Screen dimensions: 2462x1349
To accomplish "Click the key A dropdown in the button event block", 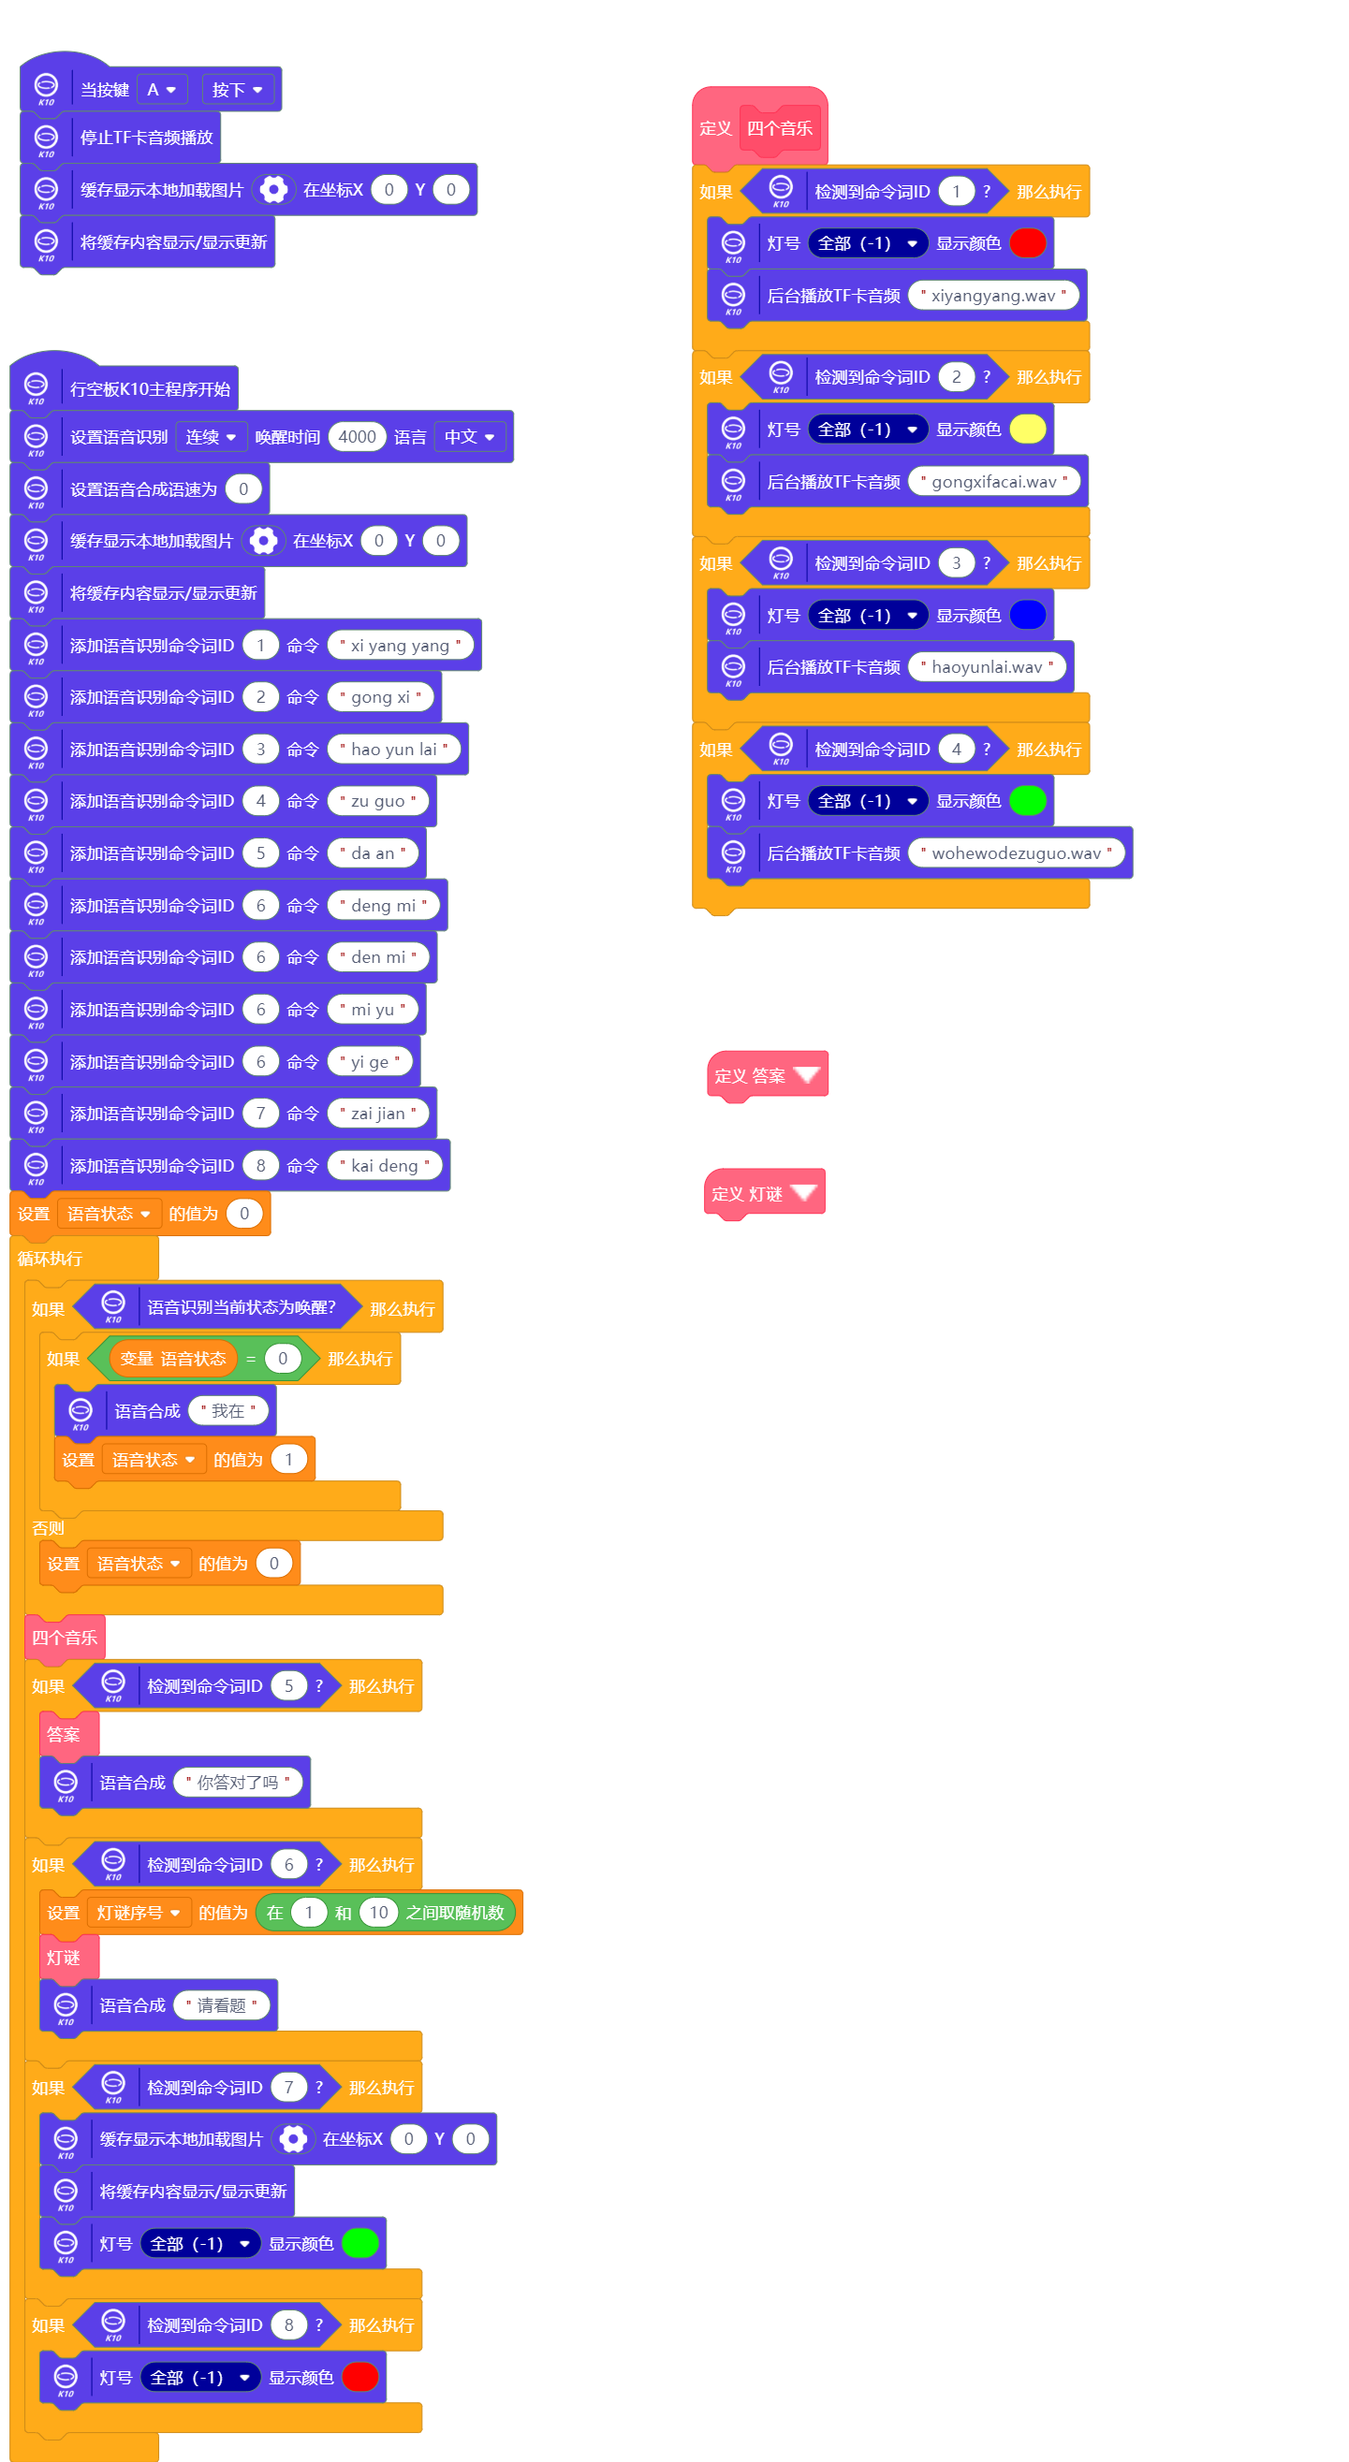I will coord(161,90).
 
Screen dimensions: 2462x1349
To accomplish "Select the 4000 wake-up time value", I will coord(357,437).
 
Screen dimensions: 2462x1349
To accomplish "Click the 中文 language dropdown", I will coord(468,437).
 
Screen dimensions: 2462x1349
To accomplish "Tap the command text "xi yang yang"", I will coord(400,645).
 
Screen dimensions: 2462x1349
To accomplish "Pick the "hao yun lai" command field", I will coord(393,750).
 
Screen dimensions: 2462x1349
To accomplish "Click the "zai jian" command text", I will coord(377,1114).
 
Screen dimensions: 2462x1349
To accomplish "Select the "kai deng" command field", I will coord(385,1165).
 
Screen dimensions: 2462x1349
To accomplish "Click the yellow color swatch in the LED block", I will coord(1027,430).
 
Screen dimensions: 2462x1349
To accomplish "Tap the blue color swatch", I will coord(1027,615).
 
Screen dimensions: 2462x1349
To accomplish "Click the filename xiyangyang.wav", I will coord(992,296).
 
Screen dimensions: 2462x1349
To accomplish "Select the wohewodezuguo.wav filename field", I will coord(1016,852).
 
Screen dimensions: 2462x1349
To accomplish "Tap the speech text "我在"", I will coord(227,1411).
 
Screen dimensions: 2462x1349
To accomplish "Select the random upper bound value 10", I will coord(378,1913).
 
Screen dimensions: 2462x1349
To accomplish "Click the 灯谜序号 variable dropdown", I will coord(138,1913).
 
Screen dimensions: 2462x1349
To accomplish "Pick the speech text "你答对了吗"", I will coord(237,1783).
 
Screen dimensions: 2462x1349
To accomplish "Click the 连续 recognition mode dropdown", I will coord(211,437).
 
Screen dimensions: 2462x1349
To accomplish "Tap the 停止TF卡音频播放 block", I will coord(145,138).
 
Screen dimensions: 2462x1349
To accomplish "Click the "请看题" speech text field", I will coord(221,2005).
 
